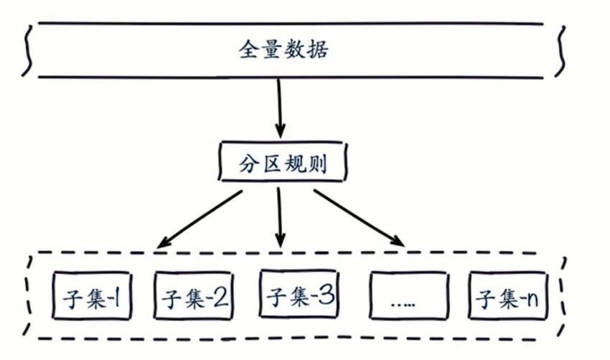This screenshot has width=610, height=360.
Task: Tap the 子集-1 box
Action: (90, 296)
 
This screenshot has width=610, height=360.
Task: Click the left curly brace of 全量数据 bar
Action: (27, 50)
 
